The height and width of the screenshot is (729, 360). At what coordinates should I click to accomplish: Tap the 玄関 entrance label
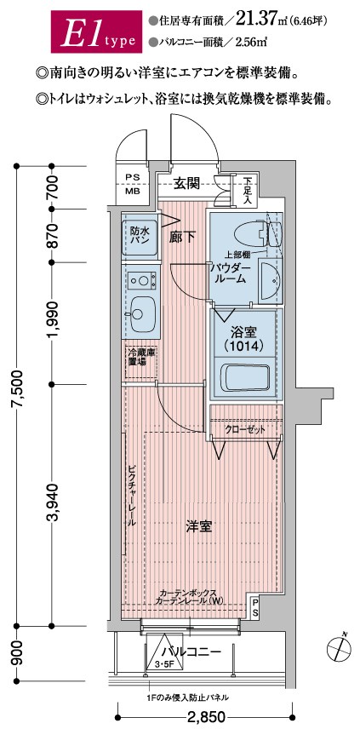(186, 182)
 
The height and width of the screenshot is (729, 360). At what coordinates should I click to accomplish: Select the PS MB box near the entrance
(133, 184)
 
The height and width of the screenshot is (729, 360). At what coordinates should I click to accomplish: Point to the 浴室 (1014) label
(244, 339)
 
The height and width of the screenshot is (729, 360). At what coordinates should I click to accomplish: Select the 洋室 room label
(200, 527)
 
